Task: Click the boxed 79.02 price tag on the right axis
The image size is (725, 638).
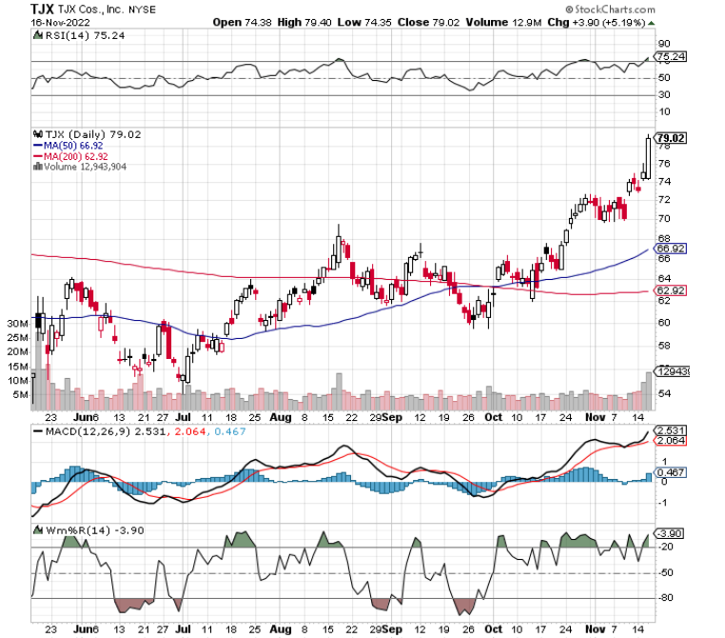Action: pyautogui.click(x=672, y=138)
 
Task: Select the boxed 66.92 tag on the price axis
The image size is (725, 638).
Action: pyautogui.click(x=672, y=249)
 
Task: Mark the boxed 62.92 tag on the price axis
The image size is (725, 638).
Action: pyautogui.click(x=672, y=289)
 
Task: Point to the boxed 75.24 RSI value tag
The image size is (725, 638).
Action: pyautogui.click(x=672, y=57)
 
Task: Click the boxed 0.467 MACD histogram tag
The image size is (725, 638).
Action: pyautogui.click(x=672, y=472)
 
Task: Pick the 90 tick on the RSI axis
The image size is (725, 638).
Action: pyautogui.click(x=665, y=43)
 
